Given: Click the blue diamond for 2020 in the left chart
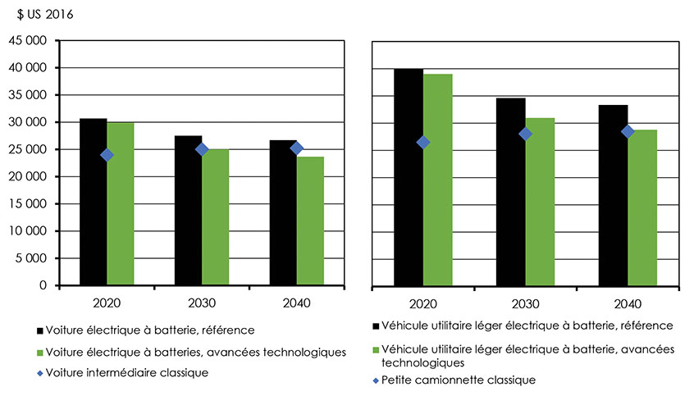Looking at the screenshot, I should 107,155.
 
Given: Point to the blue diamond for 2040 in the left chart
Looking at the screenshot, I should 297,148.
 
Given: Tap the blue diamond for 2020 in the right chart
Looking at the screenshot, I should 423,142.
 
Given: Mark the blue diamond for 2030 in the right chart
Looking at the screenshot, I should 526,134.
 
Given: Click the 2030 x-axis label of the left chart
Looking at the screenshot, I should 202,303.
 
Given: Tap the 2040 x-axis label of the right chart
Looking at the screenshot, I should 628,303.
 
